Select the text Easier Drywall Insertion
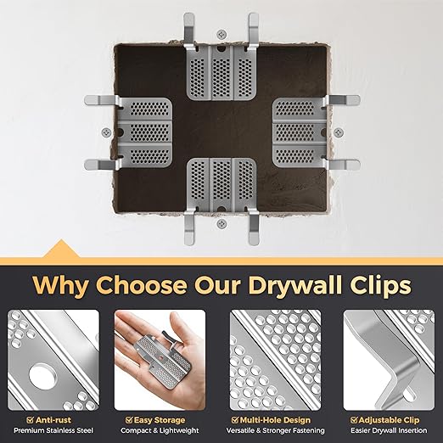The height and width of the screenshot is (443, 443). click(x=384, y=430)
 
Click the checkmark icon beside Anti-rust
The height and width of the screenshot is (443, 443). click(x=31, y=418)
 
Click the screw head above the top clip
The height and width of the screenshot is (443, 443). click(x=221, y=34)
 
